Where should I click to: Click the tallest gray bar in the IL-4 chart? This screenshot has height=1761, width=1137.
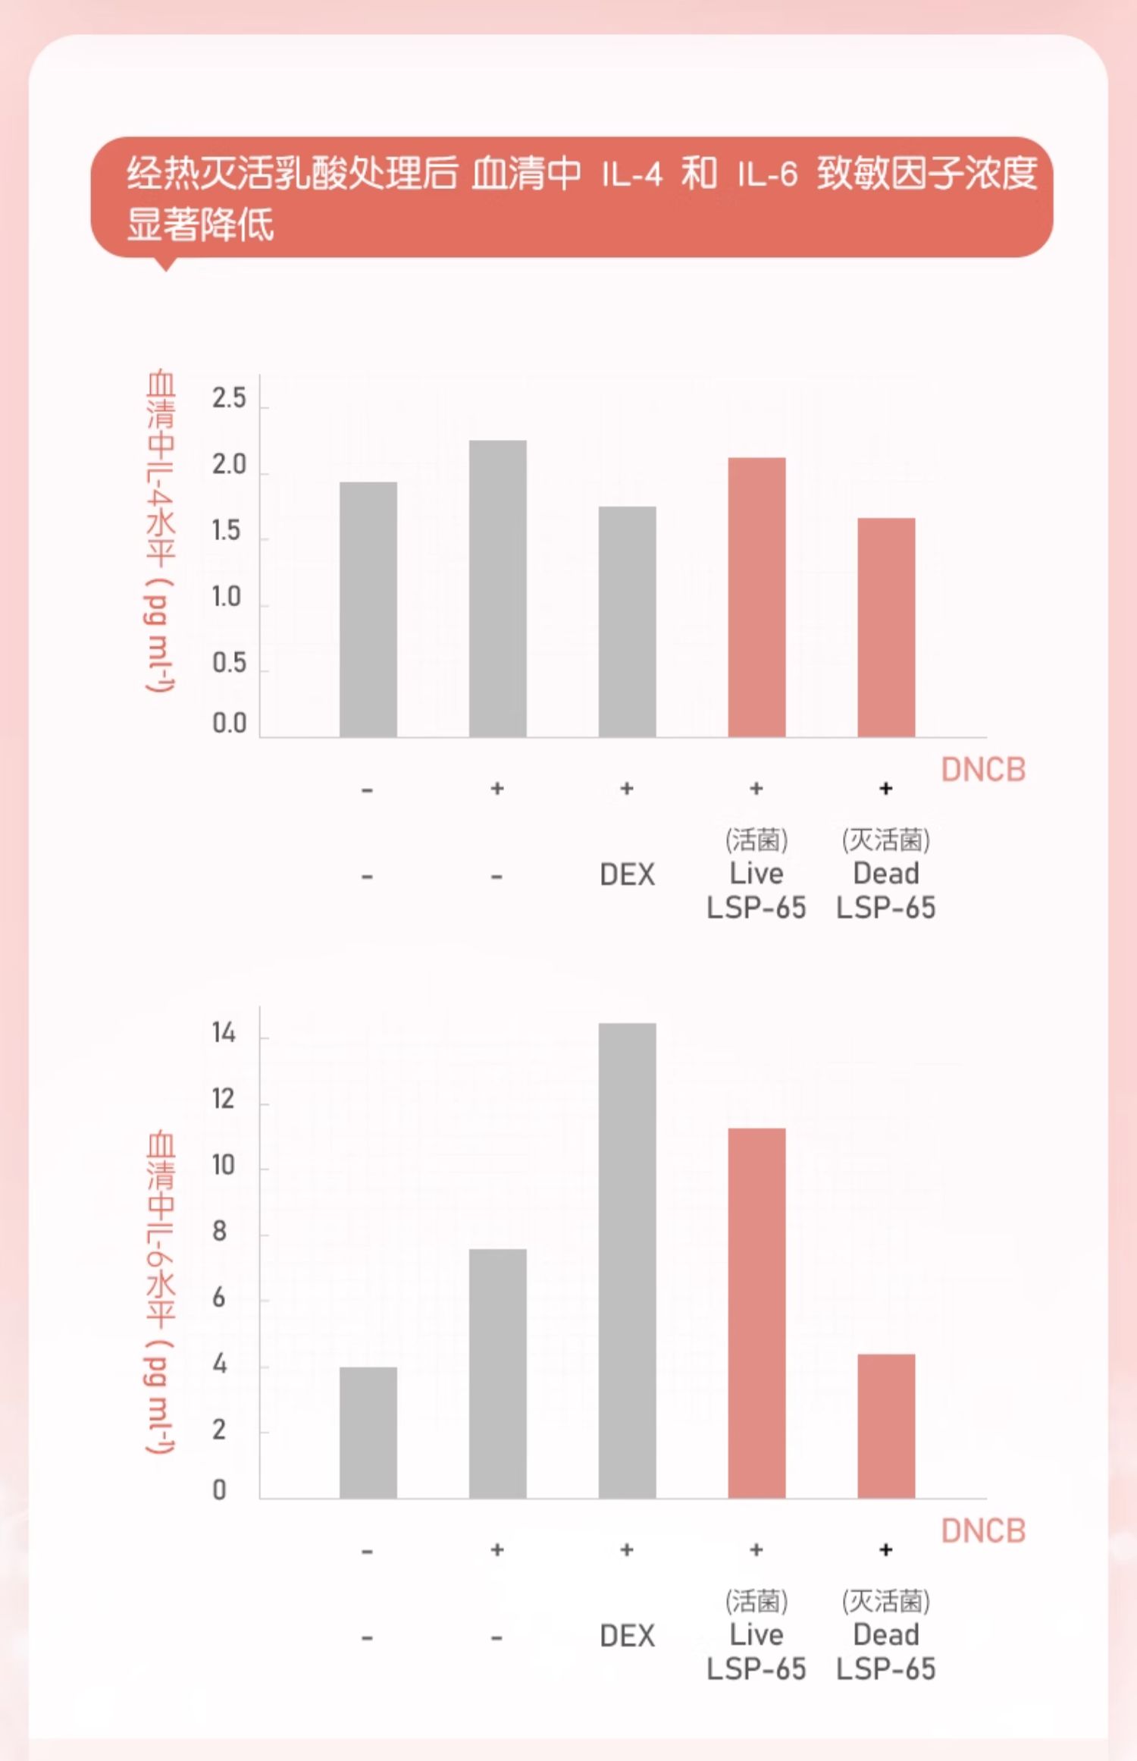[497, 589]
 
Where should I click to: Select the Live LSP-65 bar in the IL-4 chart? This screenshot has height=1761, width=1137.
[756, 597]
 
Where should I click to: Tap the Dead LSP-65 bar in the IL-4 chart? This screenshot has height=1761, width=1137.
[886, 627]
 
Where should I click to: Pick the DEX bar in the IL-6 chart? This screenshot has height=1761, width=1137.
[627, 1260]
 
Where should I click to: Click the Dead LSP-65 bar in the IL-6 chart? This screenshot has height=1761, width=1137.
[886, 1426]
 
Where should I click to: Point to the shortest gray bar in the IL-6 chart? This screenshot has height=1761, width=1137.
[368, 1433]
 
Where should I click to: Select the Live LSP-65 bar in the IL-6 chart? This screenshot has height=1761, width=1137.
[756, 1313]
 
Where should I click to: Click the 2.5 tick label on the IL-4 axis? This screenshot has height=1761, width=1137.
[229, 398]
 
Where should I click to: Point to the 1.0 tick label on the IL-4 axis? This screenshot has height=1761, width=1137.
[227, 598]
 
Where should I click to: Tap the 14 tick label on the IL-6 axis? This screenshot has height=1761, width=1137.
[224, 1033]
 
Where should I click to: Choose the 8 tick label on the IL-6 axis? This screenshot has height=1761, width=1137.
[220, 1232]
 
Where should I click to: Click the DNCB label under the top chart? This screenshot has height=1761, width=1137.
[983, 770]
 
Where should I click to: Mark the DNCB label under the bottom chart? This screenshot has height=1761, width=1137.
[983, 1530]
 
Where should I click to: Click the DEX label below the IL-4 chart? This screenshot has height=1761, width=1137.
[627, 874]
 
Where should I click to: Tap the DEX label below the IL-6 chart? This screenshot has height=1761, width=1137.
[627, 1636]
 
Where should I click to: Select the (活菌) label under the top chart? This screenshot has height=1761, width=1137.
[756, 840]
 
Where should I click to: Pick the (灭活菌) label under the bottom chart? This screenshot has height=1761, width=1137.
[885, 1601]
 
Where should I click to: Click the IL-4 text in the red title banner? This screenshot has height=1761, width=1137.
[632, 175]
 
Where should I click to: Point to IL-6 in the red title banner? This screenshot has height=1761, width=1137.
[767, 175]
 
